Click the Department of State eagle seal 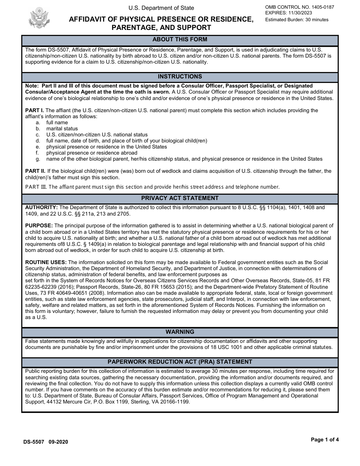click(x=39, y=17)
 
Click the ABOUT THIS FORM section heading click(x=180, y=39)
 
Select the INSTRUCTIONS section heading click(x=180, y=77)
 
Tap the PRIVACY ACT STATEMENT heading click(x=180, y=198)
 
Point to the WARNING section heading click(x=180, y=332)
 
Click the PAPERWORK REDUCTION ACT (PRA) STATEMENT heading click(x=180, y=362)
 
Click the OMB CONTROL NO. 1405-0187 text click(x=299, y=7)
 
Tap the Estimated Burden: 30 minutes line click(x=297, y=20)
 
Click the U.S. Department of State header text click(x=161, y=8)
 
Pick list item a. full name click(x=57, y=123)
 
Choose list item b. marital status click(x=62, y=129)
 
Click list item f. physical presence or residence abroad click(x=92, y=153)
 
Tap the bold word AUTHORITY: click(x=41, y=208)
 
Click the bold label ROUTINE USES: click(x=46, y=262)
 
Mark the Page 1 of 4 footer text click(x=325, y=440)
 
